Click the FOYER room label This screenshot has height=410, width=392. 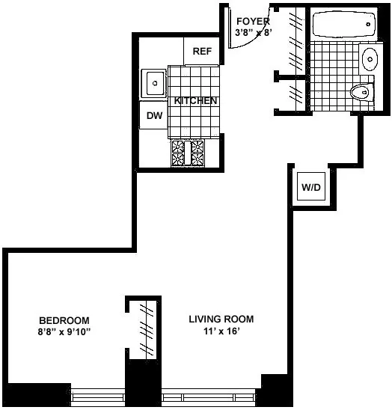tap(252, 21)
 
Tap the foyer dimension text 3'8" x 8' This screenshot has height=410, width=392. tap(252, 33)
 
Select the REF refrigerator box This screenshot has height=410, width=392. tap(202, 51)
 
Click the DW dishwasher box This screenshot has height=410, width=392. tap(154, 115)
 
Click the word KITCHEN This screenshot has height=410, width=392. tap(196, 101)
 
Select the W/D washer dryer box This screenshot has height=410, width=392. tap(310, 186)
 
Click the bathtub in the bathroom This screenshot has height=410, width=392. tap(342, 25)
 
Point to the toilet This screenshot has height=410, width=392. tap(361, 92)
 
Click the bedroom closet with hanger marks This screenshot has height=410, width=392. tap(146, 329)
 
